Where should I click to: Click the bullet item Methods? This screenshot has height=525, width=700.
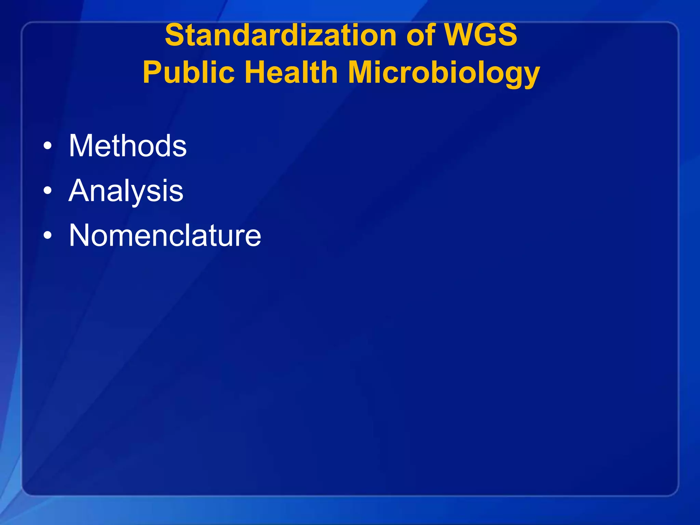click(127, 146)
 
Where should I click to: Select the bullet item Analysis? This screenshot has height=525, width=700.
click(126, 191)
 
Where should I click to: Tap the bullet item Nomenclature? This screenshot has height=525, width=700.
click(165, 235)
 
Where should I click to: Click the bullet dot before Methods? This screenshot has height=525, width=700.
click(48, 146)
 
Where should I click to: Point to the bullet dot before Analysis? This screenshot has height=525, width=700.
click(48, 191)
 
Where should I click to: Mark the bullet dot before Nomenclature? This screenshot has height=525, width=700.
click(48, 235)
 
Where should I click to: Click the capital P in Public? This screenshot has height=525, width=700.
click(152, 72)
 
